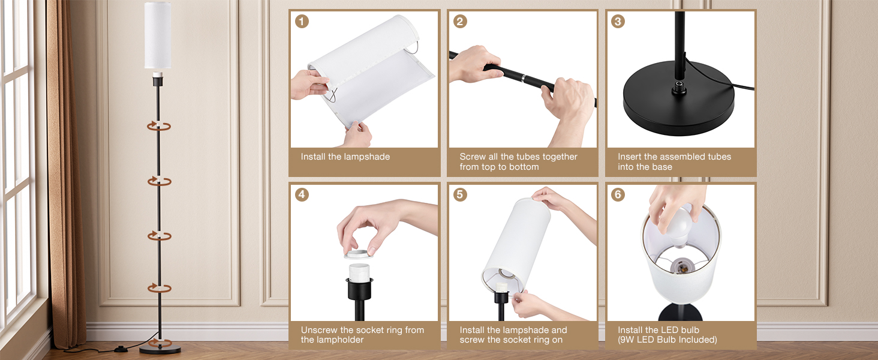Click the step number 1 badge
[302, 21]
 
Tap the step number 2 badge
[460, 21]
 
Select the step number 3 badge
[618, 21]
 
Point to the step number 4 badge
[302, 194]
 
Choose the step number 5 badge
[460, 194]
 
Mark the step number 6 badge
[618, 194]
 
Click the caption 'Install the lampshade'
[345, 157]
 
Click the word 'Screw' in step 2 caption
[473, 157]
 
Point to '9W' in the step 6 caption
[627, 340]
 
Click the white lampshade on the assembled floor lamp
[158, 35]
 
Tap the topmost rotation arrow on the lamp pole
[159, 126]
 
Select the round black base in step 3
[679, 98]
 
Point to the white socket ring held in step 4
[359, 254]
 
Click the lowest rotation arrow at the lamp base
[160, 343]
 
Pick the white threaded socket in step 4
[359, 272]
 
